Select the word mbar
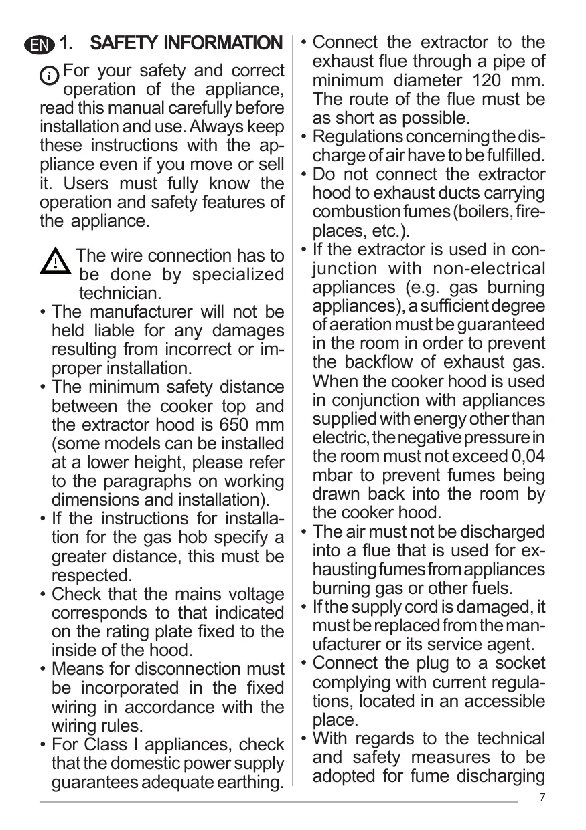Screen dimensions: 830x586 click(332, 476)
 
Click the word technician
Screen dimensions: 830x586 click(120, 293)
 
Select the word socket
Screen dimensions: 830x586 click(522, 663)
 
